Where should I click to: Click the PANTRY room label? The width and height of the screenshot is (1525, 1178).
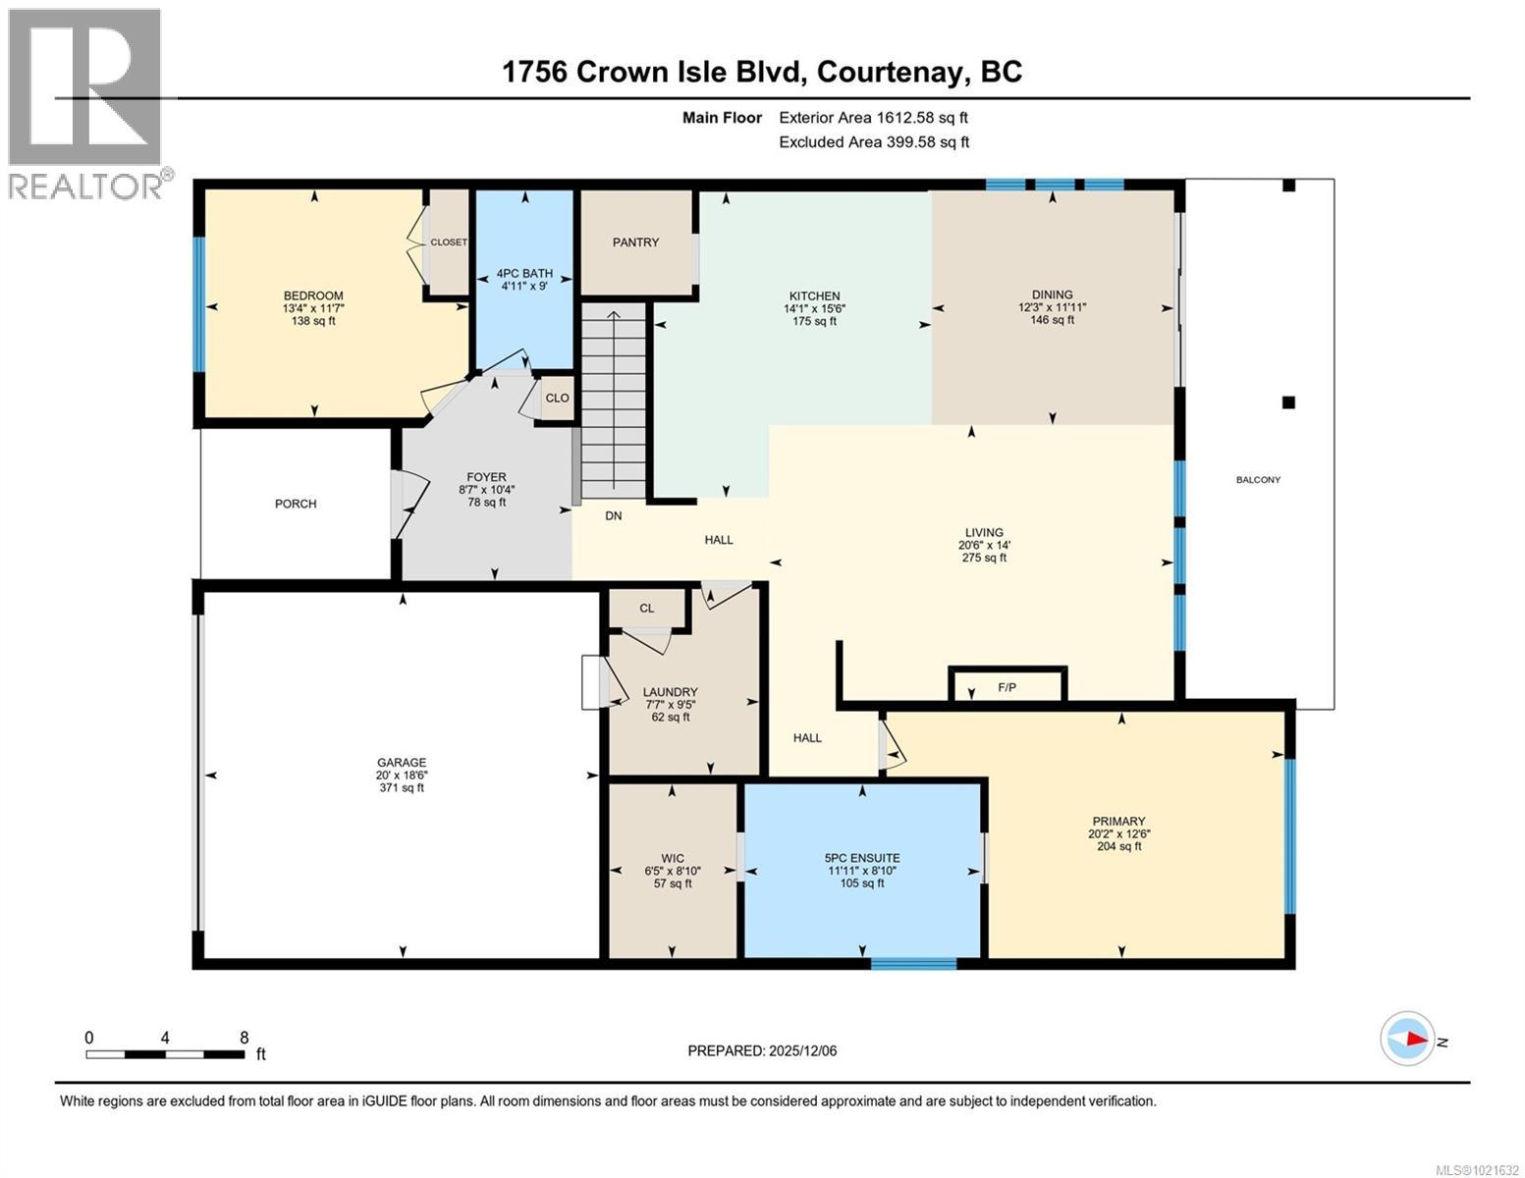[x=635, y=242]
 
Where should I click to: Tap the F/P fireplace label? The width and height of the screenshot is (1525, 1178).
[x=1007, y=687]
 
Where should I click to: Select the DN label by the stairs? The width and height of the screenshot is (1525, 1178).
[x=613, y=515]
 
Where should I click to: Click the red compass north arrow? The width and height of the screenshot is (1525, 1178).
[x=1415, y=1039]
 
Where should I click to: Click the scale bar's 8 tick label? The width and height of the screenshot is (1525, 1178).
[x=244, y=1038]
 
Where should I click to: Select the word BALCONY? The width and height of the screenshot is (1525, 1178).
[x=1258, y=480]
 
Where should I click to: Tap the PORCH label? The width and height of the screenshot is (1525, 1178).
[x=296, y=504]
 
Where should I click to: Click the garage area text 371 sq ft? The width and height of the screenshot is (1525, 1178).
[x=402, y=787]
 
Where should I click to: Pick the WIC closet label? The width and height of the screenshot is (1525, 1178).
[x=673, y=858]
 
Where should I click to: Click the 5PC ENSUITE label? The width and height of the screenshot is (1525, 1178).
[x=862, y=857]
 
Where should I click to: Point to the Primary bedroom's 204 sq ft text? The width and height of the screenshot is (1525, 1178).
[x=1118, y=846]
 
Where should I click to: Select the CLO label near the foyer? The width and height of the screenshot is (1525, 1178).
[x=557, y=399]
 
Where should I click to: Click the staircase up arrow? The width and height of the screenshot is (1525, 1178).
[x=614, y=317]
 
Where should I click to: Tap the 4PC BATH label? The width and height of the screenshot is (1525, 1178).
[x=524, y=274]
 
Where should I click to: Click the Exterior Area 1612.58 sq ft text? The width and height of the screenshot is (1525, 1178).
[x=873, y=118]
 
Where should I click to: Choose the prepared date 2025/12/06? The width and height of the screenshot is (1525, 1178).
[x=802, y=1050]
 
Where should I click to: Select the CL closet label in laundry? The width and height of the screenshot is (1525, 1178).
[x=646, y=609]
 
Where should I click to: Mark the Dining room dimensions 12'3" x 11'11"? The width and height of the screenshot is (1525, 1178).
[x=1052, y=307]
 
